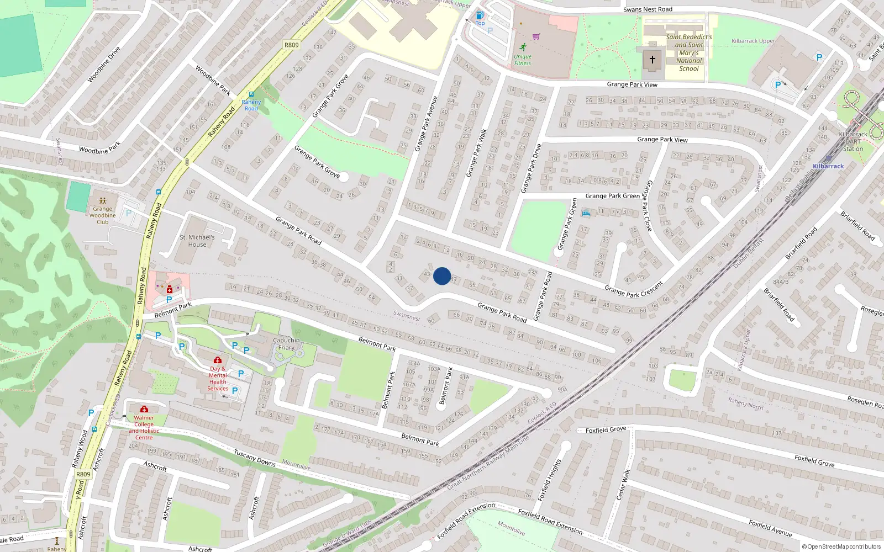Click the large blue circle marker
click(x=442, y=276)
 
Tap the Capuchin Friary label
click(x=286, y=344)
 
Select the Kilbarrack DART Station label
click(x=853, y=141)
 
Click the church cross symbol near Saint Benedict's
click(x=652, y=60)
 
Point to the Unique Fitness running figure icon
click(x=523, y=47)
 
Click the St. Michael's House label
click(x=197, y=241)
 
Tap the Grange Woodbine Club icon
click(x=103, y=201)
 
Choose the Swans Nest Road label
click(x=648, y=9)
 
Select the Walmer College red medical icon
click(x=144, y=409)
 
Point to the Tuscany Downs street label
click(x=255, y=458)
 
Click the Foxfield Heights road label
click(x=550, y=480)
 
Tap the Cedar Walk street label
click(x=623, y=485)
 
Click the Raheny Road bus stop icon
click(x=251, y=94)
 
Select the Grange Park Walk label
click(x=476, y=153)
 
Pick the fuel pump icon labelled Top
click(x=480, y=15)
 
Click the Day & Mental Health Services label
click(x=218, y=379)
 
